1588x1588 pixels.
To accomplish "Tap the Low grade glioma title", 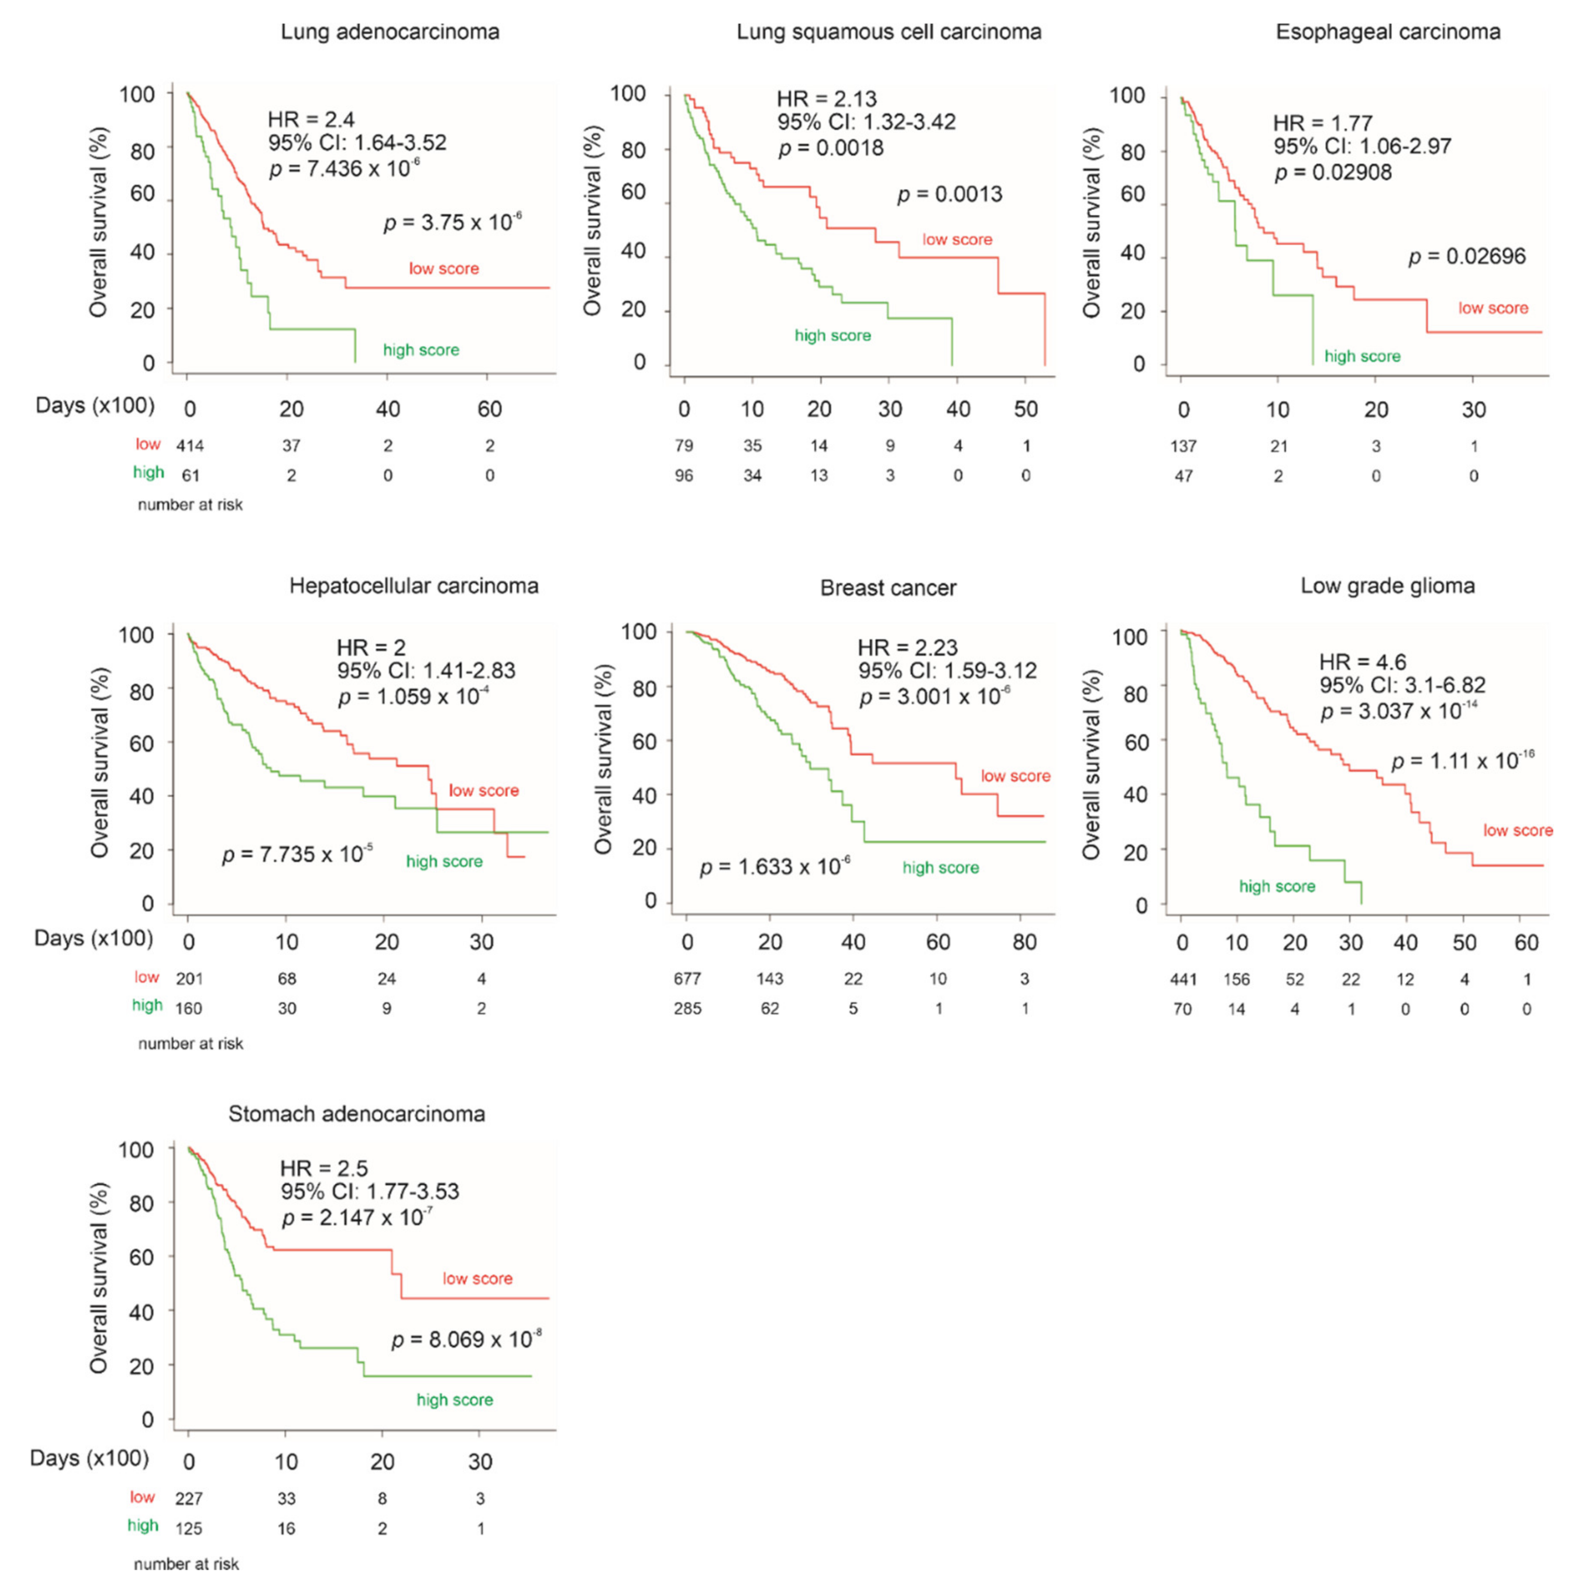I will [1387, 586].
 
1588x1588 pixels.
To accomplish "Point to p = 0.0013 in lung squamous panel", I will [949, 195].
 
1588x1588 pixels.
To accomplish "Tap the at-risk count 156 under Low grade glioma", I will [1236, 979].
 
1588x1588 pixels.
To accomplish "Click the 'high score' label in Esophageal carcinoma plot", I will [1362, 357].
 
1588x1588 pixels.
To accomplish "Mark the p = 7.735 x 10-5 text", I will [298, 855].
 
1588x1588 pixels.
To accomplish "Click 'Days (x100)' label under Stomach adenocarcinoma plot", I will [90, 1458].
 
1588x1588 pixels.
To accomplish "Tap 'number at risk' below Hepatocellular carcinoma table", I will [191, 1044].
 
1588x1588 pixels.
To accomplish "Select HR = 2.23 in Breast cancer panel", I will [908, 648].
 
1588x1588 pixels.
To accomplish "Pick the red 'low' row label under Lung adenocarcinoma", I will [148, 445].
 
